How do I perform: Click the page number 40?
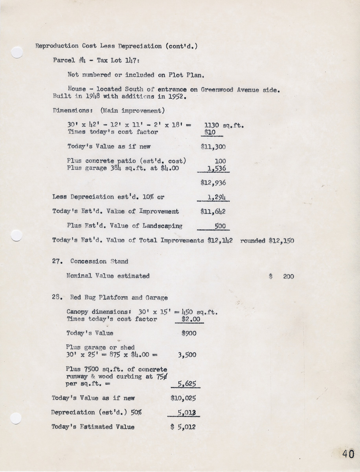(x=348, y=454)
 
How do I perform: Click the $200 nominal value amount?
(x=288, y=277)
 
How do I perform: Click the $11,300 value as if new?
(x=213, y=147)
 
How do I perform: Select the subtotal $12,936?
(x=213, y=183)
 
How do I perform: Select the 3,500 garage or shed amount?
(x=187, y=355)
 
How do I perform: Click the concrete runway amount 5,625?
(x=187, y=384)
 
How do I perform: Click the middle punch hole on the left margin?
(x=16, y=235)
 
